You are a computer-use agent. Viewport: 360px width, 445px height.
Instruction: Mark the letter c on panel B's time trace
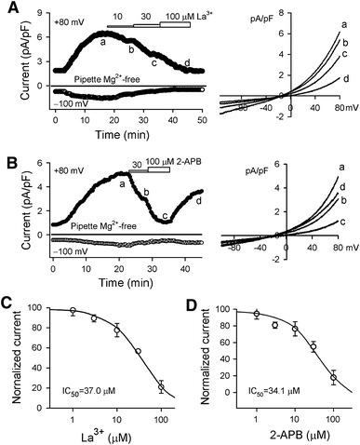coord(165,217)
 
